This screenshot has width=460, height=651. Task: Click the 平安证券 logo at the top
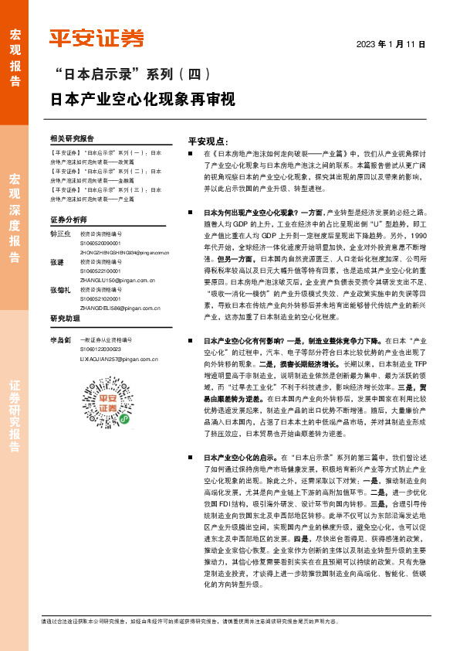pyautogui.click(x=96, y=38)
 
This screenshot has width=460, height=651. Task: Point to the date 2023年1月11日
pyautogui.click(x=391, y=43)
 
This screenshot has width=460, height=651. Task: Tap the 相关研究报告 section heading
pyautogui.click(x=71, y=139)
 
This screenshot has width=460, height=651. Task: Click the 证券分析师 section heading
pyautogui.click(x=68, y=220)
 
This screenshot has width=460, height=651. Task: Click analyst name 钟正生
pyautogui.click(x=60, y=233)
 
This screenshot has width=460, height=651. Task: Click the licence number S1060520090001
pyautogui.click(x=104, y=243)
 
